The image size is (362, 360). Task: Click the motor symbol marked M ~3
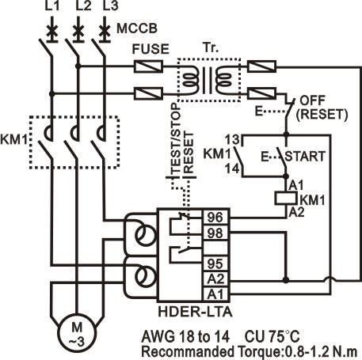[77, 333]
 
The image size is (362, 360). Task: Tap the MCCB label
[137, 28]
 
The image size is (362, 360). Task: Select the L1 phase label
[52, 6]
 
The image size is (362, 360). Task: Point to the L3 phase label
[110, 6]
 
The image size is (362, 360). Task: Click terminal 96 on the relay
[215, 217]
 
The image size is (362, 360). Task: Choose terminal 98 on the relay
[215, 233]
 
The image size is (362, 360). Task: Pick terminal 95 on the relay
[215, 263]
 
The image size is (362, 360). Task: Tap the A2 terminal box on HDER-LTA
[215, 279]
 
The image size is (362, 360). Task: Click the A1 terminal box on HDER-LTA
[215, 294]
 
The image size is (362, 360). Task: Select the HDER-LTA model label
[195, 312]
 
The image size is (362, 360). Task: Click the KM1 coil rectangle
[286, 199]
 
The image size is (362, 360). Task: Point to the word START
[305, 156]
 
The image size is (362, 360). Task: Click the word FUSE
[151, 49]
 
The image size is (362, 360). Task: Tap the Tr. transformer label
[211, 47]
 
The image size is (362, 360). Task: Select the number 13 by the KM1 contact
[232, 139]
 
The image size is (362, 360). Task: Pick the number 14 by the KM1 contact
[232, 169]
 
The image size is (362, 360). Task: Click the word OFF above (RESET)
[312, 100]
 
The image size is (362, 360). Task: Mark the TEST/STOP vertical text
[176, 138]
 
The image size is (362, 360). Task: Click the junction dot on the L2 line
[78, 66]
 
